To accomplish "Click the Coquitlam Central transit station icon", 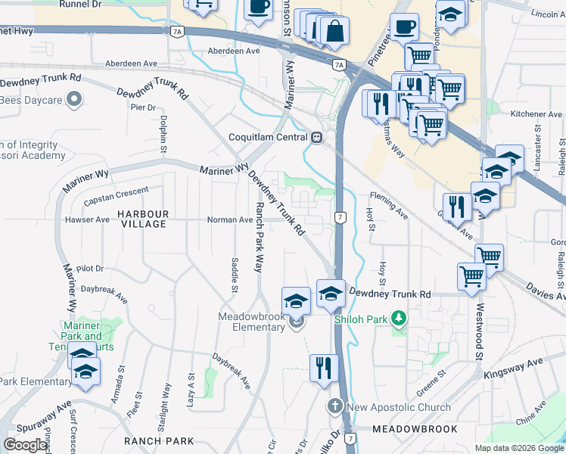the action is click(317, 137).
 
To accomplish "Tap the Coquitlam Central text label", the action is click(269, 137).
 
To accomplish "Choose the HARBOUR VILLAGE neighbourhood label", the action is click(142, 219).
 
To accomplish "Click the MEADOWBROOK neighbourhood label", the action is click(415, 429).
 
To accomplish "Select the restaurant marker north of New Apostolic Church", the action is click(324, 368).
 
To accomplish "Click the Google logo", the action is click(25, 444).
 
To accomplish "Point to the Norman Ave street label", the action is click(230, 220).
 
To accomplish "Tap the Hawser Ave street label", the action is click(87, 220).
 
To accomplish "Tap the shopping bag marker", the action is click(334, 31).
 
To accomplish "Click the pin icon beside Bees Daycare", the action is click(74, 98).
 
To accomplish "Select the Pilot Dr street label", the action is click(89, 269).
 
